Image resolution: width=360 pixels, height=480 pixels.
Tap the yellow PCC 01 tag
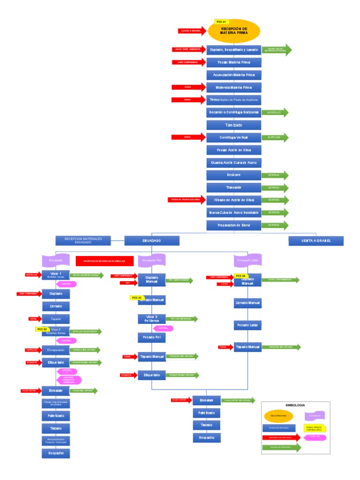point(221,22)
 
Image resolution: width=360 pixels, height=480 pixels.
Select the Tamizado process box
point(233,125)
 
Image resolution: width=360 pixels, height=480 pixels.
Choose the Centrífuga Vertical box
point(233,137)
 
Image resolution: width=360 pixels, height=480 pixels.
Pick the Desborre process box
point(233,175)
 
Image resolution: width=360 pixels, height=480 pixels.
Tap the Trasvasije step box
point(233,187)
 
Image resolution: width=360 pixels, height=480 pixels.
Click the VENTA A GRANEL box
point(316,240)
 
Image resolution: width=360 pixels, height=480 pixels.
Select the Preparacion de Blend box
point(233,225)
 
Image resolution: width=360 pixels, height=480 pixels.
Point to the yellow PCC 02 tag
point(42,329)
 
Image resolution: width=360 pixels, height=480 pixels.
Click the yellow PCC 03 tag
point(136,298)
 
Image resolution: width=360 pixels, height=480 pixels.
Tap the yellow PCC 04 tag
point(240,276)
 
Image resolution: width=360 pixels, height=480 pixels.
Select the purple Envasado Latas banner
point(247,260)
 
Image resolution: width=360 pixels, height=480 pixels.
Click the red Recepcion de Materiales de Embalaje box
point(104,261)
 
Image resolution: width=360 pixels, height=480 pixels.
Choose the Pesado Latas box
point(247,325)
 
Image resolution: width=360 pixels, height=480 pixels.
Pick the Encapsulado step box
point(56,350)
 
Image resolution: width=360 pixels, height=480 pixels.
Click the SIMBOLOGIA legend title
point(295,405)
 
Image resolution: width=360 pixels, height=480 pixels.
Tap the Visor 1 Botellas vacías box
point(56,275)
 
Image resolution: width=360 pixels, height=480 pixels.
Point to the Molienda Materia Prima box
point(233,87)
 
